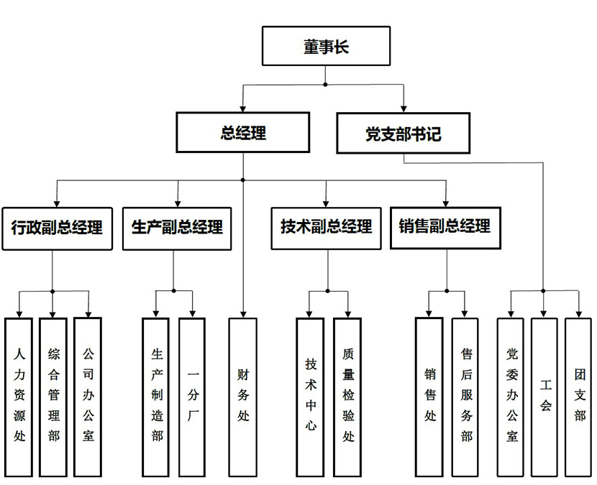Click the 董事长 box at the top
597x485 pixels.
(x=326, y=46)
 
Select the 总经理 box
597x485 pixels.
(x=243, y=132)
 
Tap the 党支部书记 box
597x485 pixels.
(x=403, y=133)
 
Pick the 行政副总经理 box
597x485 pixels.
(x=58, y=228)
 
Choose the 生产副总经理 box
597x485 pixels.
(x=176, y=228)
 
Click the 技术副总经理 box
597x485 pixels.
(x=326, y=228)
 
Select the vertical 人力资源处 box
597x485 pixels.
(x=19, y=396)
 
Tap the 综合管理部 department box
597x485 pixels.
(x=54, y=396)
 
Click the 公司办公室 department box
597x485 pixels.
(x=88, y=396)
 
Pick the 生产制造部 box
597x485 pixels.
(x=156, y=396)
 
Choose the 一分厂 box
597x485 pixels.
(x=191, y=396)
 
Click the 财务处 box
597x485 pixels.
(x=242, y=396)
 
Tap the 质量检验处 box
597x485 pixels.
(x=347, y=396)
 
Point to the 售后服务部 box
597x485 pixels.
(x=465, y=396)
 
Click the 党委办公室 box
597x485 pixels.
(x=511, y=396)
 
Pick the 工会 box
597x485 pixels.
(x=544, y=396)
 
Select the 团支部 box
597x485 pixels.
(x=578, y=396)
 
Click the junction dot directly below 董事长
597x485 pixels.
(x=326, y=85)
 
